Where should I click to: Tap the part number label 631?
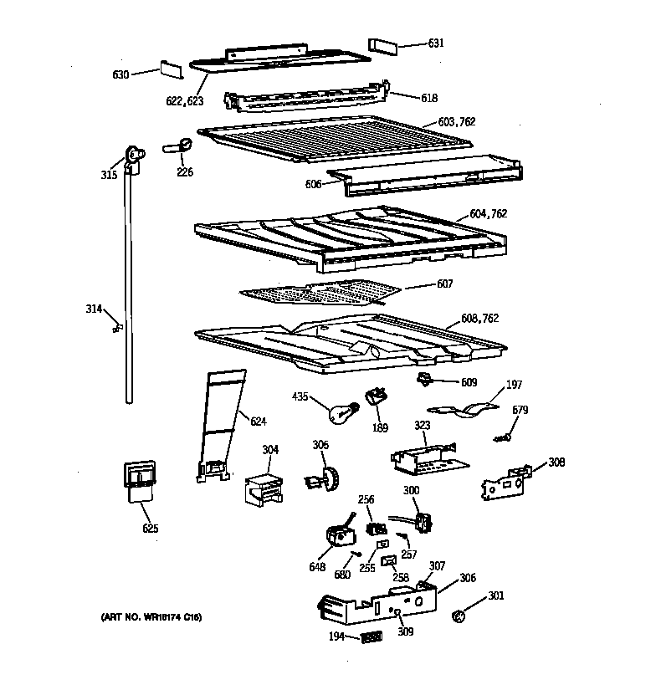pyautogui.click(x=436, y=43)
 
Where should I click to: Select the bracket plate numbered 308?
pyautogui.click(x=505, y=484)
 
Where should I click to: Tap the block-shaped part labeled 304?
pyautogui.click(x=261, y=488)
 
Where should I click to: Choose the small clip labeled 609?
pyautogui.click(x=428, y=381)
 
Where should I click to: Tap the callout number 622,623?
pyautogui.click(x=184, y=102)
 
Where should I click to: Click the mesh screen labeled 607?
pyautogui.click(x=318, y=292)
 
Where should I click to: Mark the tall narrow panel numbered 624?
pyautogui.click(x=219, y=427)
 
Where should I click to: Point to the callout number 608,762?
pyautogui.click(x=480, y=318)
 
